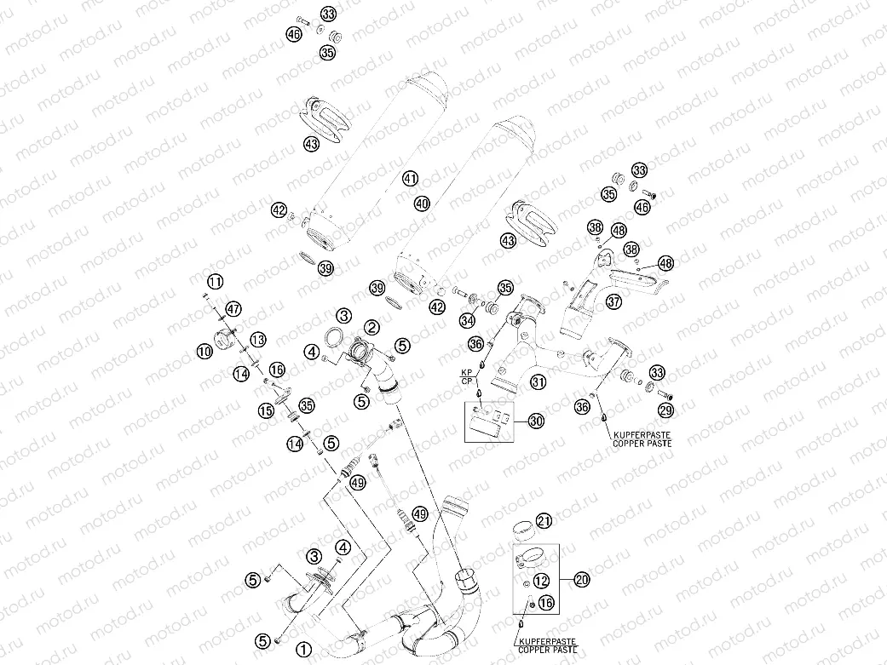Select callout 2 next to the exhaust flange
tap(372, 327)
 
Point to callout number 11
tap(216, 281)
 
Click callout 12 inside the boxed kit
tap(544, 581)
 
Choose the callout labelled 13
tap(257, 340)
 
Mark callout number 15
tap(266, 410)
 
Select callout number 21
tap(544, 522)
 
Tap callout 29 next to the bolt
tap(665, 410)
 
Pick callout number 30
tap(535, 421)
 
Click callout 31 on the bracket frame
tap(538, 381)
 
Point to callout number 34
tap(467, 321)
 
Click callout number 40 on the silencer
tap(423, 204)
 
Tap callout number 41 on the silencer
tap(411, 179)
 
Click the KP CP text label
tap(467, 378)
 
